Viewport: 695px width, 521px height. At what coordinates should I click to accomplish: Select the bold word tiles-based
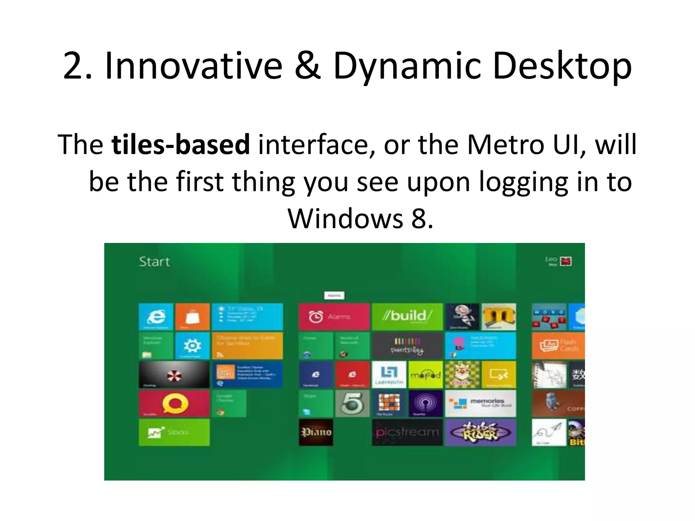pyautogui.click(x=181, y=145)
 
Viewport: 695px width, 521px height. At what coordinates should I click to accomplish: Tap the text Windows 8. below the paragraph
pyautogui.click(x=360, y=219)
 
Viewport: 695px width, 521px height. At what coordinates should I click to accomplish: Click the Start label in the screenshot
pyautogui.click(x=154, y=262)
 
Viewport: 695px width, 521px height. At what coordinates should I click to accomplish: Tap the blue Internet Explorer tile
pyautogui.click(x=156, y=317)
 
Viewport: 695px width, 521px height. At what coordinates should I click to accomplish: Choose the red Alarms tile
pyautogui.click(x=334, y=317)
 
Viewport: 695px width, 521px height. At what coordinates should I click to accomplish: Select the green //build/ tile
pyautogui.click(x=407, y=317)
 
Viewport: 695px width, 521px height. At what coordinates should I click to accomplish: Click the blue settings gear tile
pyautogui.click(x=192, y=346)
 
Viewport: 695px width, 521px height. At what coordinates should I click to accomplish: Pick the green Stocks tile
pyautogui.click(x=174, y=432)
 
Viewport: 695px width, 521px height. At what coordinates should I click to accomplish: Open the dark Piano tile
pyautogui.click(x=316, y=432)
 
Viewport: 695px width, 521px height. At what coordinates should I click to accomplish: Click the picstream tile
pyautogui.click(x=407, y=432)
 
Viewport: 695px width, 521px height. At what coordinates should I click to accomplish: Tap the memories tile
pyautogui.click(x=481, y=403)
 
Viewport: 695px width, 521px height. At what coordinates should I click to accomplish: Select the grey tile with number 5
pyautogui.click(x=352, y=403)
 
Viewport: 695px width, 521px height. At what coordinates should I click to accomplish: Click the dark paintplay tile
pyautogui.click(x=407, y=346)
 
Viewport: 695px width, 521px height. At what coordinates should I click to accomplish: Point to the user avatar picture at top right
pyautogui.click(x=565, y=261)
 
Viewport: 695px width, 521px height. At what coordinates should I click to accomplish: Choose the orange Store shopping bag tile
pyautogui.click(x=192, y=317)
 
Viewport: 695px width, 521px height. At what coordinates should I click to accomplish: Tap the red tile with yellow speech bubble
pyautogui.click(x=174, y=403)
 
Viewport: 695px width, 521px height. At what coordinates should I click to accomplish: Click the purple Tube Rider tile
pyautogui.click(x=481, y=432)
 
